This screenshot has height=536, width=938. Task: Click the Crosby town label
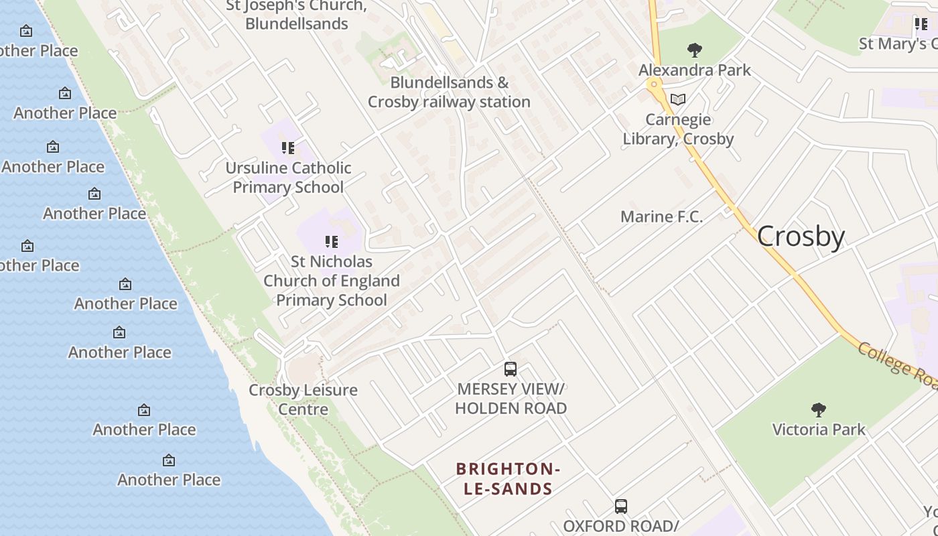click(801, 237)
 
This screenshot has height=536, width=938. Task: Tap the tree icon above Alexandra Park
click(695, 50)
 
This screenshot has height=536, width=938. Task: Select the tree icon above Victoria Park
click(818, 409)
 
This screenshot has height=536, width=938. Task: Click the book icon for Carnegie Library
click(678, 100)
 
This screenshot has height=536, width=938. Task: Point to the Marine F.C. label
click(661, 216)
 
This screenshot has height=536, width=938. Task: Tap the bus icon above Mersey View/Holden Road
click(511, 369)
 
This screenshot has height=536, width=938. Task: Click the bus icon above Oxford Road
click(621, 507)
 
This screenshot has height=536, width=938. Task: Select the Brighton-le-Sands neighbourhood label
click(508, 478)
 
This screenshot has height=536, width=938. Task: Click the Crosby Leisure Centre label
click(303, 399)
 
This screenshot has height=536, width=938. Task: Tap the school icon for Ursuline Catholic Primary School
click(288, 148)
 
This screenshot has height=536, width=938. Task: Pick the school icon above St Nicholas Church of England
click(331, 242)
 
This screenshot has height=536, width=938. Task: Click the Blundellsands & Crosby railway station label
click(449, 92)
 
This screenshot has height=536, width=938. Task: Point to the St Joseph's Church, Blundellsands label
click(296, 15)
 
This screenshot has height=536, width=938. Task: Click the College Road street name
click(898, 365)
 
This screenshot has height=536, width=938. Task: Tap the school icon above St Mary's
click(921, 25)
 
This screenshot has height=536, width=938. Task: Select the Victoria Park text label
click(819, 429)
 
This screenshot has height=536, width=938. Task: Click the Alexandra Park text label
click(695, 70)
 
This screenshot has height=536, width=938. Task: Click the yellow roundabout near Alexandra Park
click(654, 84)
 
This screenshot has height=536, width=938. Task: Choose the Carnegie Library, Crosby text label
click(678, 129)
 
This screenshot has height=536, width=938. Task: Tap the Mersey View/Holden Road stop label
click(511, 398)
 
